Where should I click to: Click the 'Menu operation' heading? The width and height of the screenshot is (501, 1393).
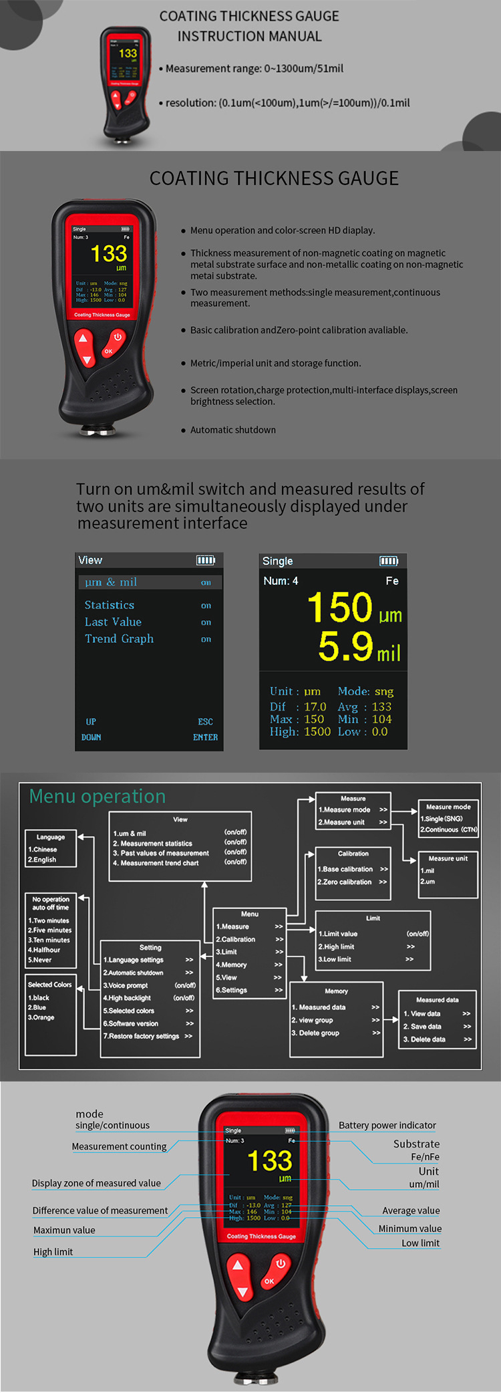pyautogui.click(x=98, y=796)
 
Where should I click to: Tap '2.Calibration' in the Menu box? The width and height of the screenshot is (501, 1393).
pyautogui.click(x=236, y=939)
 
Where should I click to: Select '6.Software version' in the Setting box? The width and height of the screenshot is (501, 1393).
pyautogui.click(x=131, y=1023)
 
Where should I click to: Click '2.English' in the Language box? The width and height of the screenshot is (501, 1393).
pyautogui.click(x=42, y=860)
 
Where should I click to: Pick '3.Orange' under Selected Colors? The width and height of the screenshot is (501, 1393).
pyautogui.click(x=41, y=1017)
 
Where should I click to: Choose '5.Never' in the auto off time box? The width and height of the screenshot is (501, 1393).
pyautogui.click(x=40, y=960)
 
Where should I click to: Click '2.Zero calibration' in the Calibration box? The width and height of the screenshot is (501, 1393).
pyautogui.click(x=345, y=882)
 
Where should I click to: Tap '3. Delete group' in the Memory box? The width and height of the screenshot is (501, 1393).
pyautogui.click(x=315, y=1033)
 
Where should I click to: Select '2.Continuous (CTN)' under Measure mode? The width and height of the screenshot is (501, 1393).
pyautogui.click(x=449, y=830)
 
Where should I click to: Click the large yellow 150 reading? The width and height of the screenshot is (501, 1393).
pyautogui.click(x=339, y=607)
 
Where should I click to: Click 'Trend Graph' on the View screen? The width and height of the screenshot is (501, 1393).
pyautogui.click(x=119, y=639)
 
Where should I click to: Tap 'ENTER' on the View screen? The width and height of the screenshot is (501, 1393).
pyautogui.click(x=205, y=737)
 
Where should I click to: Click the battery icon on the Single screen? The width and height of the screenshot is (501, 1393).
pyautogui.click(x=388, y=561)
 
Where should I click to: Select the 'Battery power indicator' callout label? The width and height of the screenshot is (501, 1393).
pyautogui.click(x=387, y=1125)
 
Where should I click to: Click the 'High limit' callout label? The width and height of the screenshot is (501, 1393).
pyautogui.click(x=53, y=1252)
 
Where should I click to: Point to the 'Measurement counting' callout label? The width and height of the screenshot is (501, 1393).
pyautogui.click(x=119, y=1146)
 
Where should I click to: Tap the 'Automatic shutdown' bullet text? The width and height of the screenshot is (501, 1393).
pyautogui.click(x=233, y=430)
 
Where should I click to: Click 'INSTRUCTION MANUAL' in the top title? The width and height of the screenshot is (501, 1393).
pyautogui.click(x=249, y=36)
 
